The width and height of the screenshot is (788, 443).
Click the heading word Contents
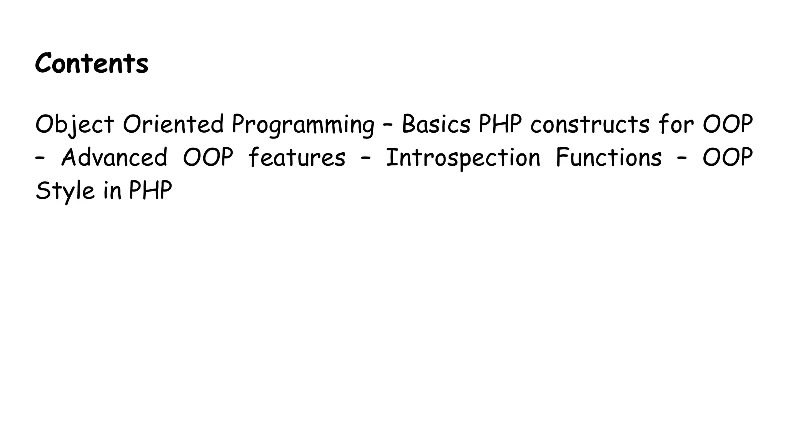tap(92, 63)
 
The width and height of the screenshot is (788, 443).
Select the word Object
tap(75, 125)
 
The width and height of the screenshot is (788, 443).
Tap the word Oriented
tap(173, 125)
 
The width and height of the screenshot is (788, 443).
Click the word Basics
tap(436, 125)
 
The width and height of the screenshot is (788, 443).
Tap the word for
tap(676, 125)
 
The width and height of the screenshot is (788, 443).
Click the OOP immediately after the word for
tap(728, 125)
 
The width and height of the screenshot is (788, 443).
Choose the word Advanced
tap(114, 158)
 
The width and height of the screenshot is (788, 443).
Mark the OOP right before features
tap(208, 158)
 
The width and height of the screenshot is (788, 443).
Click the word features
tap(297, 158)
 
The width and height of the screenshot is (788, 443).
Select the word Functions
tap(609, 158)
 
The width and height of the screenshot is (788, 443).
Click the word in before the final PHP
tap(112, 191)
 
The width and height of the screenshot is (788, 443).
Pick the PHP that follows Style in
tap(150, 191)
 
